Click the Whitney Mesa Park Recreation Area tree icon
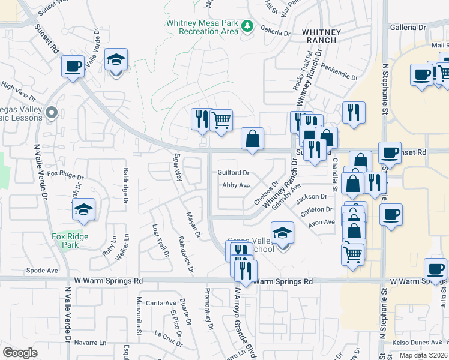(246, 26)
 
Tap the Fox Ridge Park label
(70, 241)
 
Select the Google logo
(20, 353)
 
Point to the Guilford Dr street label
(233, 172)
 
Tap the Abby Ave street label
(235, 185)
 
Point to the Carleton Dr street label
(317, 209)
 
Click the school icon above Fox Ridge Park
(83, 209)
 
